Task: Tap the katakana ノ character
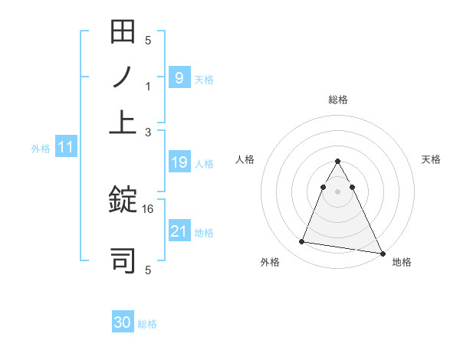[123, 77]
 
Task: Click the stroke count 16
[149, 208]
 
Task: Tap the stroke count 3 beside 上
[149, 133]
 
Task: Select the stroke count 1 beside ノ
[149, 87]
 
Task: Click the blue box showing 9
[179, 77]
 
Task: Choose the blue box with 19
[179, 162]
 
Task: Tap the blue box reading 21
[179, 231]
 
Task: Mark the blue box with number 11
[65, 147]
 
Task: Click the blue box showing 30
[123, 322]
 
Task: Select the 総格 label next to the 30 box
[147, 324]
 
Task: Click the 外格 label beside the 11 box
[41, 149]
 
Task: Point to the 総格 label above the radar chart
[338, 100]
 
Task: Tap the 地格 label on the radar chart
[402, 262]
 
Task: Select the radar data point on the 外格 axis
[301, 242]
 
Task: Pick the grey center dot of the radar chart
[338, 191]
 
